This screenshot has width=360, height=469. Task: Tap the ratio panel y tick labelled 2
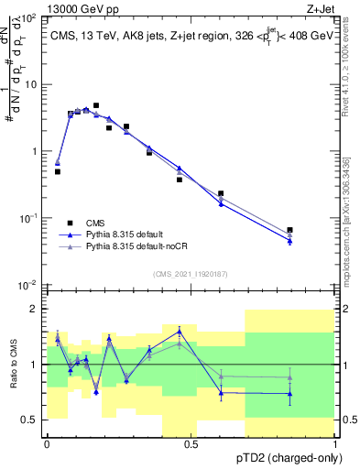pyautogui.click(x=36, y=309)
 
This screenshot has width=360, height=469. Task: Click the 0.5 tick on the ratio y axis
pyautogui.click(x=32, y=420)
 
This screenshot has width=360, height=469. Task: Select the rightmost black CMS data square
pyautogui.click(x=289, y=230)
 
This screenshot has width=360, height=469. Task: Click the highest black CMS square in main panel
pyautogui.click(x=96, y=106)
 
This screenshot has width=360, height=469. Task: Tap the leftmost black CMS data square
pyautogui.click(x=57, y=171)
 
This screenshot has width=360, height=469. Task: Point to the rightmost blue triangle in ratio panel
pyautogui.click(x=289, y=394)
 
